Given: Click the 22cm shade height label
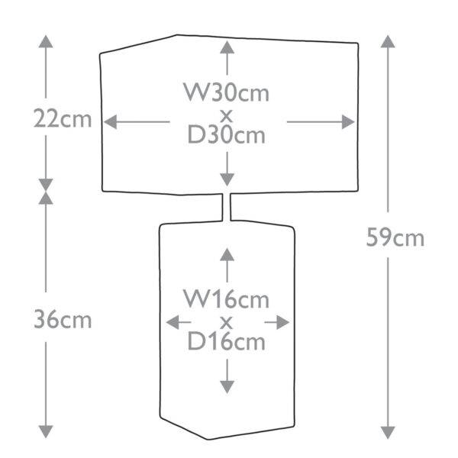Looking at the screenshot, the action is [x=63, y=118].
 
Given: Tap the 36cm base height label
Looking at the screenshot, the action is [x=63, y=320].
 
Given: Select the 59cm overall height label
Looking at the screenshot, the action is [x=395, y=237].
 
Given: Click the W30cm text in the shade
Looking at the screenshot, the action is [x=227, y=92].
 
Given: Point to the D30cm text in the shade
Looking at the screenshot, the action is [x=227, y=134].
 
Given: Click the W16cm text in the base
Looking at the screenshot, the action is [x=227, y=298].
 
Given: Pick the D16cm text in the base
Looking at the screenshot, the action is [x=227, y=341].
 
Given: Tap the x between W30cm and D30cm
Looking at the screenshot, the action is [x=227, y=116].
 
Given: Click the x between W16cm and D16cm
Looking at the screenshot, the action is [x=227, y=323].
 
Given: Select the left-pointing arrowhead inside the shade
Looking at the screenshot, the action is [x=111, y=122].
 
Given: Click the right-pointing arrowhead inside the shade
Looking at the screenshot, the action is [x=348, y=122].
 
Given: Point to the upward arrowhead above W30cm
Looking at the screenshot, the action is [x=227, y=47].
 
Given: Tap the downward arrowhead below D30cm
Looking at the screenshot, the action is [x=227, y=179].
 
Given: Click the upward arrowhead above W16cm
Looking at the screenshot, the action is [x=227, y=254].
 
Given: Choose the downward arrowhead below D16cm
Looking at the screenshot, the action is [x=227, y=387].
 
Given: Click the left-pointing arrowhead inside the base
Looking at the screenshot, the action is [x=173, y=322].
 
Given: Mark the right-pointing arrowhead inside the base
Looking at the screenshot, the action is [x=282, y=322].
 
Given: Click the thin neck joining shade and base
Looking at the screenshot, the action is [x=227, y=207].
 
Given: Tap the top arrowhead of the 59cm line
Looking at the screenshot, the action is [x=388, y=41].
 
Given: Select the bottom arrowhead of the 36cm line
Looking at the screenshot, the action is [x=46, y=432].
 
